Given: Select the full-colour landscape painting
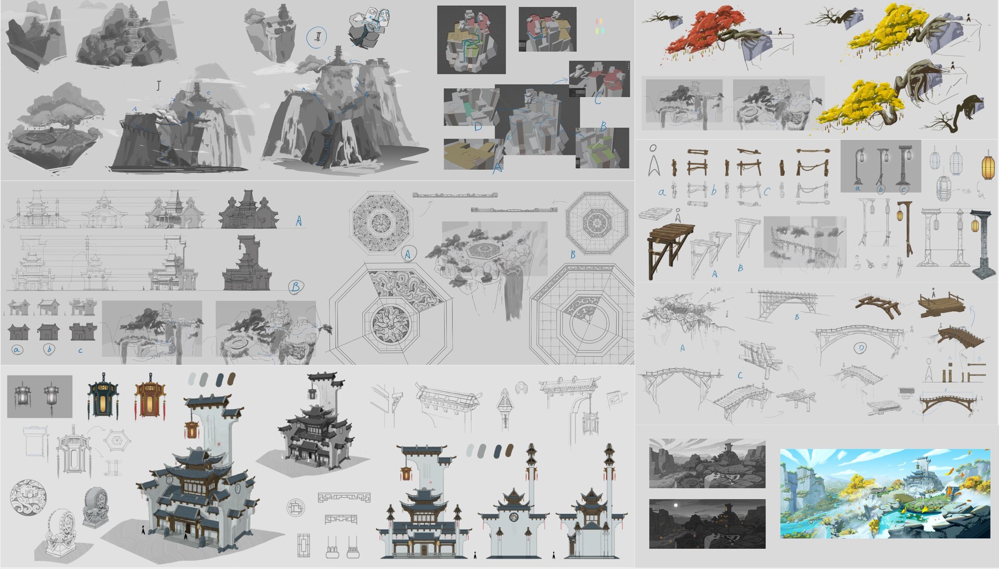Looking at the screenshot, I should tap(885, 493).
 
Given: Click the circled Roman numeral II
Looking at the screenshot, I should tap(316, 37).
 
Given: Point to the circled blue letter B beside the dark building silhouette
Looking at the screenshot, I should tap(296, 286).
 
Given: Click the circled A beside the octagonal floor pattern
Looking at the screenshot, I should tap(408, 254).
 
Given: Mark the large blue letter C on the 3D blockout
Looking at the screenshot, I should tap(598, 97).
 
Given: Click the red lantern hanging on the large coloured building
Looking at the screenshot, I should tap(191, 429).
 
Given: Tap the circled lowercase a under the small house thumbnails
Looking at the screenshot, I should tap(17, 350).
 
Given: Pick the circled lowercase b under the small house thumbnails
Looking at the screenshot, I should tap(49, 350).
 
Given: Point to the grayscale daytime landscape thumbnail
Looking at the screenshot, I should tap(707, 464).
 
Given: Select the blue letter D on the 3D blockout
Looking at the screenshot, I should tap(478, 127).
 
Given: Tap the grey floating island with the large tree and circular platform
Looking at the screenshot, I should tap(55, 130).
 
